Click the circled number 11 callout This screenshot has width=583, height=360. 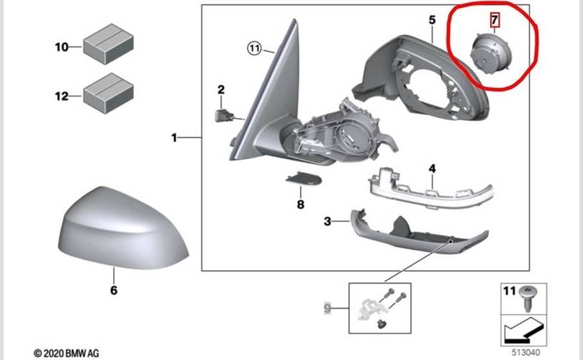tap(253, 49)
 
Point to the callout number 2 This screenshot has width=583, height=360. tap(221, 90)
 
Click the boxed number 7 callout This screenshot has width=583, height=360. tap(494, 17)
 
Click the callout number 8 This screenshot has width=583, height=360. tap(301, 204)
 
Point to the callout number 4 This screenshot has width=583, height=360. tap(432, 168)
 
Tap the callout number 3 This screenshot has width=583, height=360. tap(327, 222)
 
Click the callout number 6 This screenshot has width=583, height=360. tap(113, 291)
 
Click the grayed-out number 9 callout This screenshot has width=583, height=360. tap(328, 309)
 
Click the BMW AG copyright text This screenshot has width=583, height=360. tap(67, 353)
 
